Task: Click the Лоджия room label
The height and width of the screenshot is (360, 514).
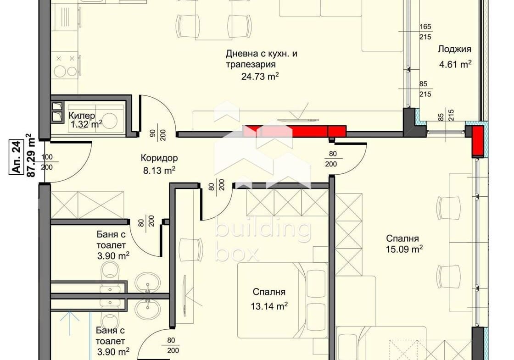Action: (454, 50)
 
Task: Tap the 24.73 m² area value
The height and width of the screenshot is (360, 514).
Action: (260, 76)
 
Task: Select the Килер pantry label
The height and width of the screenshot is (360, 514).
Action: (82, 115)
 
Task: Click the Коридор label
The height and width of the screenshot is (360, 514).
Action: (159, 158)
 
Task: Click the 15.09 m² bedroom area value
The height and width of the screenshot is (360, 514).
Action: (404, 249)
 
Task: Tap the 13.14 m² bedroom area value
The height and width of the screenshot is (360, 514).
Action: (269, 306)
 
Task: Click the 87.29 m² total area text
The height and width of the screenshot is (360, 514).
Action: (31, 155)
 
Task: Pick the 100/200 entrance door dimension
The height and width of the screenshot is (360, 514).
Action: (47, 162)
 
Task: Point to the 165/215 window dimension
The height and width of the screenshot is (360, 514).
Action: (425, 32)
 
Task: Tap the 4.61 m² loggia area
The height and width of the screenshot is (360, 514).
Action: (455, 64)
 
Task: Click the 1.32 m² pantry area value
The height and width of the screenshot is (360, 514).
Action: (87, 124)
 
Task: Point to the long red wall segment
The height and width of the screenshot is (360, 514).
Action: (294, 131)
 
